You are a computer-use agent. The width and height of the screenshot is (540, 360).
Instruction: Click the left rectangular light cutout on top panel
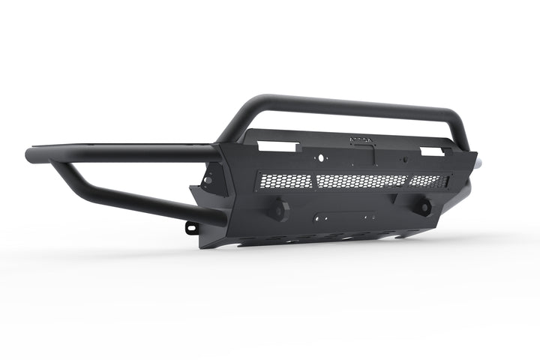274,145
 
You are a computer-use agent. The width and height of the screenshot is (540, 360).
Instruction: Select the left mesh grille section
284,181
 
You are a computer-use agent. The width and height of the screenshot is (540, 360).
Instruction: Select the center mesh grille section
361,181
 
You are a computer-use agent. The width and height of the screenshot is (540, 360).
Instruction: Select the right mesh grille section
428,181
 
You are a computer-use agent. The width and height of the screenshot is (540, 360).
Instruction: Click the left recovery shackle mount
279,211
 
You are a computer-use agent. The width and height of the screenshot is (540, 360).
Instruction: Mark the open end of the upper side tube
31,155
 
